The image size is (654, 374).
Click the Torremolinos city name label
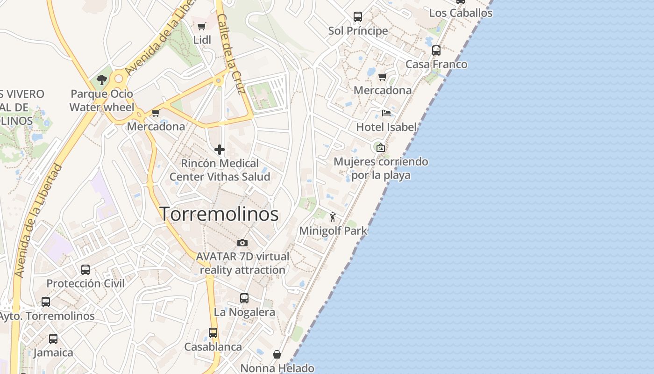[x=219, y=214]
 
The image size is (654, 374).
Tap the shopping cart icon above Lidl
[x=202, y=27]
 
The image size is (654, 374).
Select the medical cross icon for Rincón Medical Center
[x=219, y=150]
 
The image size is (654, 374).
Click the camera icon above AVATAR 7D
[x=242, y=243]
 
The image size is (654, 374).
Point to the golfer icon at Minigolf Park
[x=333, y=217]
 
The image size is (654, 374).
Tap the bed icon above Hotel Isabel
[x=386, y=113]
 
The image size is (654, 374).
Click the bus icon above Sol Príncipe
[x=358, y=17]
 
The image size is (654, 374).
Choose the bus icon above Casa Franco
[x=436, y=50]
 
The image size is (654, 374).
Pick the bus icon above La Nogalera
[x=244, y=298]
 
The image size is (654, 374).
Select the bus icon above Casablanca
[x=213, y=332]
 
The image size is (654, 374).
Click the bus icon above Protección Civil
[x=85, y=269]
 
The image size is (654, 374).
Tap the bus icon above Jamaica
[x=53, y=338]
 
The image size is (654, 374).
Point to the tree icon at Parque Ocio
[x=101, y=80]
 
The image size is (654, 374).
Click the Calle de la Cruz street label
[x=231, y=54]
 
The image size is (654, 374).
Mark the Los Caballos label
[x=461, y=13]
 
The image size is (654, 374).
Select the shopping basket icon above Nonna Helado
[x=277, y=354]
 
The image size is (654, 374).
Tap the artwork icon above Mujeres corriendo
[x=381, y=148]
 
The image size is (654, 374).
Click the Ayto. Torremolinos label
[x=47, y=316]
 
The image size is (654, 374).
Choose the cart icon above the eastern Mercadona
[x=383, y=77]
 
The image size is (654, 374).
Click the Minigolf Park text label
[x=333, y=231]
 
